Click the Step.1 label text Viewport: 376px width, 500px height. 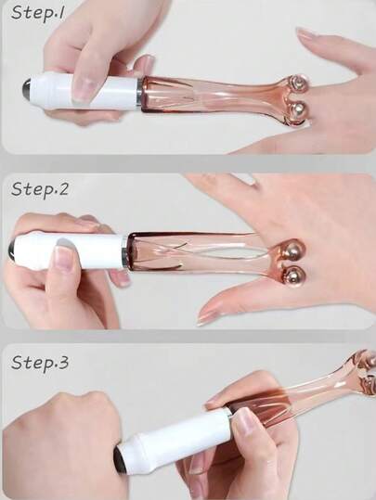tap(38, 13)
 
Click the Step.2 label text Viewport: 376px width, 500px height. tap(40, 190)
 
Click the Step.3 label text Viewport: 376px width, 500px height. tap(40, 363)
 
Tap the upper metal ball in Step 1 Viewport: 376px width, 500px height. tap(299, 84)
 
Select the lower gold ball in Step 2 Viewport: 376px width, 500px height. tap(295, 276)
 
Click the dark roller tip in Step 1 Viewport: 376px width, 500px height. tap(28, 88)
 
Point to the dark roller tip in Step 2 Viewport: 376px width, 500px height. tap(13, 250)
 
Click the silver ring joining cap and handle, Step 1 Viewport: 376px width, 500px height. tap(140, 93)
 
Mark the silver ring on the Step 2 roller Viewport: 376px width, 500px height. tap(125, 252)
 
